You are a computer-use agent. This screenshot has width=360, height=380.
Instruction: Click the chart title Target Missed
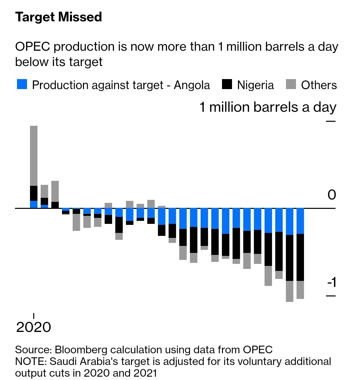pyautogui.click(x=58, y=17)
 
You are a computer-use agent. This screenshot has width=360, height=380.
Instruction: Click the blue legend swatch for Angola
pyautogui.click(x=22, y=85)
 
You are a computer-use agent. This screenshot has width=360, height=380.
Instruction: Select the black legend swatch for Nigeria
pyautogui.click(x=227, y=85)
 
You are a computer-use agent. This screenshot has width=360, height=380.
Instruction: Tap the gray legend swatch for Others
pyautogui.click(x=291, y=85)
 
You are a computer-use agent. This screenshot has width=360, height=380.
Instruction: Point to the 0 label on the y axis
pyautogui.click(x=331, y=195)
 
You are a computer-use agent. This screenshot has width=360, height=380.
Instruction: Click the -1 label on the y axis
pyautogui.click(x=331, y=283)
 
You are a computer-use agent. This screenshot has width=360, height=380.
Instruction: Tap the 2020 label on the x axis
pyautogui.click(x=34, y=327)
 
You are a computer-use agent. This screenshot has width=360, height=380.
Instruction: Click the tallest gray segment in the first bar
pyautogui.click(x=34, y=155)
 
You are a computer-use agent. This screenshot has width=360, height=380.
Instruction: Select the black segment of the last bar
pyautogui.click(x=300, y=257)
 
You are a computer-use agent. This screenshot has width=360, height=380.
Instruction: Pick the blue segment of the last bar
pyautogui.click(x=300, y=221)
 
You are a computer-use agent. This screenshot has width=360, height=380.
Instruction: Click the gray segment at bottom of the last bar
pyautogui.click(x=300, y=290)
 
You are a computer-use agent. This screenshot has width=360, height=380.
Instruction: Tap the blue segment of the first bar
pyautogui.click(x=34, y=205)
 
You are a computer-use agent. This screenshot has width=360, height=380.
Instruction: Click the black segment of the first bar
pyautogui.click(x=34, y=193)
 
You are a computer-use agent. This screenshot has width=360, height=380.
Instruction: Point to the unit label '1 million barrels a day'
pyautogui.click(x=268, y=107)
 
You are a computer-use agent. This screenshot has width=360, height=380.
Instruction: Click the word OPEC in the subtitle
pyautogui.click(x=32, y=47)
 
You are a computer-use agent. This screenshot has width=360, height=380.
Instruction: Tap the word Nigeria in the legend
pyautogui.click(x=255, y=85)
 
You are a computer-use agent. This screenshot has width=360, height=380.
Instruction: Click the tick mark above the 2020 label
pyautogui.click(x=34, y=316)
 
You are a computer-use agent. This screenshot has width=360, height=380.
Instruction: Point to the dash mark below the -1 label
pyautogui.click(x=331, y=296)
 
